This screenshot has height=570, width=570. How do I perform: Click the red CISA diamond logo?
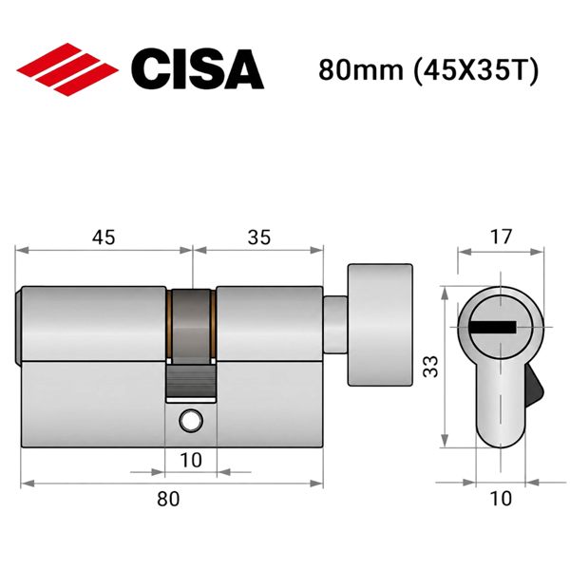[x=67, y=69]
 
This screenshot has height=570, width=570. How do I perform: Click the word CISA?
[x=198, y=69]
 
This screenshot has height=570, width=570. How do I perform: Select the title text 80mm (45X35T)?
[x=427, y=69]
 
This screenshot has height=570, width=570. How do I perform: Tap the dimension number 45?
[x=104, y=237]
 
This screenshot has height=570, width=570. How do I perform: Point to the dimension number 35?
[x=259, y=237]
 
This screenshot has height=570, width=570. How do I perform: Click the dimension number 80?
[x=168, y=499]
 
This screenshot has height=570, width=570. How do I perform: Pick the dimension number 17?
[x=501, y=237]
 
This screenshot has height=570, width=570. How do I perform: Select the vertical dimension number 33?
[x=431, y=367]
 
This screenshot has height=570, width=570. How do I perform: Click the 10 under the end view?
[x=501, y=499]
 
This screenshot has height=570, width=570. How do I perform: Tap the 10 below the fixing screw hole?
[x=191, y=460]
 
